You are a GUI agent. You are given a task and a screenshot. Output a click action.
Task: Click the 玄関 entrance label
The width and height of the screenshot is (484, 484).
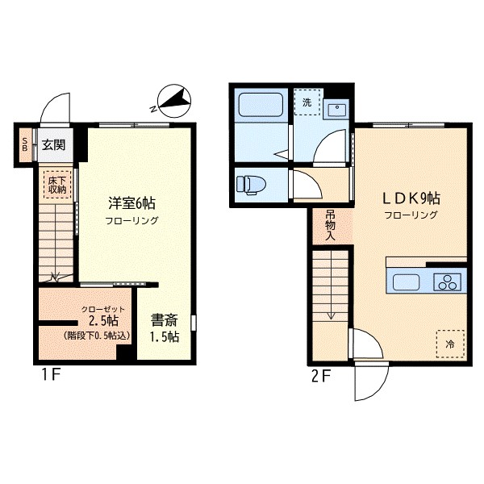54,144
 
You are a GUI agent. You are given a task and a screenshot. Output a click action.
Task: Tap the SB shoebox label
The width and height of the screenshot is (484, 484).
25,144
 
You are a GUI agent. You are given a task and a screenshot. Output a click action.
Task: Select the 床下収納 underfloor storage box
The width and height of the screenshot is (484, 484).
57,185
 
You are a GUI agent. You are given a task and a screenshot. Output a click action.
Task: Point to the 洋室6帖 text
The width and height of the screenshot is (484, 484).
131,203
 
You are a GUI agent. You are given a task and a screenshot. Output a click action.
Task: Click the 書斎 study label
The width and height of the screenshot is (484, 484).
165,320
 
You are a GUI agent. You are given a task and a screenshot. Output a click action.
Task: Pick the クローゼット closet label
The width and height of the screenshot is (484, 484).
103,309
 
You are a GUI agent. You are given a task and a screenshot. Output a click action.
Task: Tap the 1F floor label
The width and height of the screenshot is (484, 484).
51,375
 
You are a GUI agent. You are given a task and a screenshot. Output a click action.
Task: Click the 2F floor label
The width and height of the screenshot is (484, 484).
321,376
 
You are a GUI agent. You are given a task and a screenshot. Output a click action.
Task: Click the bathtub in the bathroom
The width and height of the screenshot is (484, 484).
261,105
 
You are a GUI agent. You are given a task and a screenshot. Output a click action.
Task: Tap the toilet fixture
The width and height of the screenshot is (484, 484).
251,185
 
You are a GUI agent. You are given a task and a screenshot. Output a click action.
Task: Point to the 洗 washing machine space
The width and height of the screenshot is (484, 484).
307,102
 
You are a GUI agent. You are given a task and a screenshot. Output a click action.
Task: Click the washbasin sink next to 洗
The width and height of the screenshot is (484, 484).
337,110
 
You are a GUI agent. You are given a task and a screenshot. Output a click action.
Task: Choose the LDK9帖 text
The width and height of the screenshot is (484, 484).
411,198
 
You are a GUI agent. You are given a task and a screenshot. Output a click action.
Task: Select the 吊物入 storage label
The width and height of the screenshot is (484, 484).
330,225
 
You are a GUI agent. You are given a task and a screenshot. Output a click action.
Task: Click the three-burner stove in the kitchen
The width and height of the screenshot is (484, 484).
447,282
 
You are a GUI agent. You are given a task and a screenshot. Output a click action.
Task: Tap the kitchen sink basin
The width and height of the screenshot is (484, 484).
406,282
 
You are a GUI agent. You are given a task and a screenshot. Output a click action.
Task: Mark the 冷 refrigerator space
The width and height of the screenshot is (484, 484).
450,344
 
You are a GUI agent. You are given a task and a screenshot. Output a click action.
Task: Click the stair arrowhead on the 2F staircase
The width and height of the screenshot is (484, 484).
331,315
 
